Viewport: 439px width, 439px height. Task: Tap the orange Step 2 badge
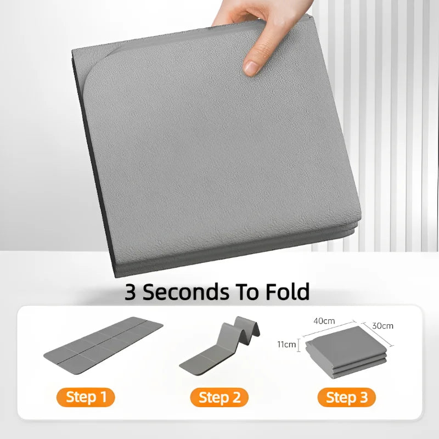(x=219, y=397)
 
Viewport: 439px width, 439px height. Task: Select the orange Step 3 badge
(x=346, y=397)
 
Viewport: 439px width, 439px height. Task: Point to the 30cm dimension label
(x=383, y=325)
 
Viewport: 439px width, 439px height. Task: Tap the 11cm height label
(x=285, y=345)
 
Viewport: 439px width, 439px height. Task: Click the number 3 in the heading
(x=131, y=291)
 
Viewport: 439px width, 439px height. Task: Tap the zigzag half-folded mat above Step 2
(x=219, y=346)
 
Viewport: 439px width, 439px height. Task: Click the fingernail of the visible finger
(x=251, y=67)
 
